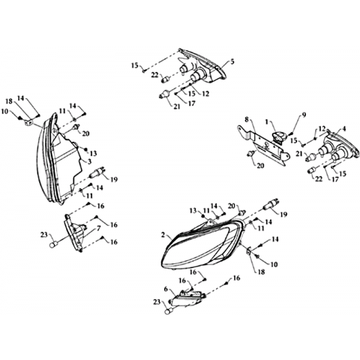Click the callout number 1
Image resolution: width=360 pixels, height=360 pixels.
266,122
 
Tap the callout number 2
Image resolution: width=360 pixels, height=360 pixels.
163,235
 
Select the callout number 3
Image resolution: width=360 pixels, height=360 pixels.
90,161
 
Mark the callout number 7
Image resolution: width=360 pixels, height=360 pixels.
98,228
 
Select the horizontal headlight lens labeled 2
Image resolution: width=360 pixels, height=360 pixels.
202,244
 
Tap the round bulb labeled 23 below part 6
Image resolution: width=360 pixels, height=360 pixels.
168,311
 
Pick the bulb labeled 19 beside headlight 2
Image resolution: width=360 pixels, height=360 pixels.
271,204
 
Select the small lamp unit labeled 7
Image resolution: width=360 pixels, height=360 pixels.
75,232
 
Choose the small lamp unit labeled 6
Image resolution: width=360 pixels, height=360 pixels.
187,298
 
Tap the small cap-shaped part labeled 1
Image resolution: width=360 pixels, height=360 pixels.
279,137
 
